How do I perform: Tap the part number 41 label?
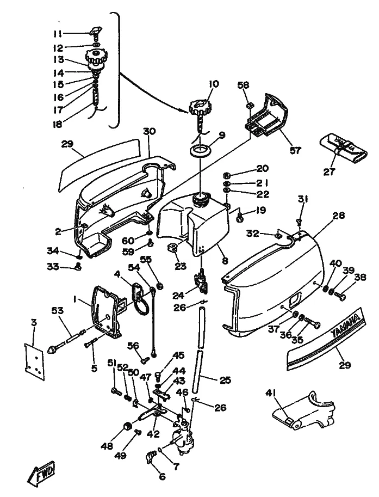click(x=270, y=394)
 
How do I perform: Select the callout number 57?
click(x=296, y=150)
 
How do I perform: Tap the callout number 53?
click(x=57, y=310)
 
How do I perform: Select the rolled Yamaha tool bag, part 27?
click(x=343, y=146)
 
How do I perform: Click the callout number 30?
click(x=150, y=131)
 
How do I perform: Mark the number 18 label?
click(x=57, y=125)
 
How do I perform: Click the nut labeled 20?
click(x=227, y=175)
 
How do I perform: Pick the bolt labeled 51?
click(x=116, y=391)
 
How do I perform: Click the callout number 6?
click(x=162, y=476)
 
